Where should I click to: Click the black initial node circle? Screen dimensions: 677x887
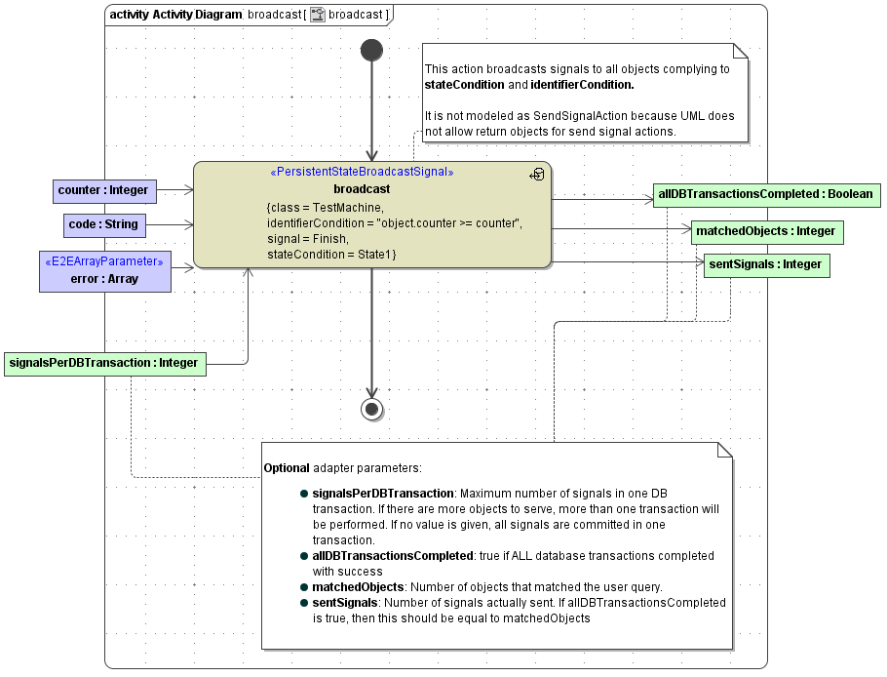371,50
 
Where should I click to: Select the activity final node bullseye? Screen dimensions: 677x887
371,409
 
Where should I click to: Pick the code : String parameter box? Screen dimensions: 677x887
103,225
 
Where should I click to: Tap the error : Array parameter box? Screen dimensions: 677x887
104,270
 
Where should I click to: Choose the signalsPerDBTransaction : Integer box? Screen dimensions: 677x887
103,363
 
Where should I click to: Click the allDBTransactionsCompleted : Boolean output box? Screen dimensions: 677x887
765,194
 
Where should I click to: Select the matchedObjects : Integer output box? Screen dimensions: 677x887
766,232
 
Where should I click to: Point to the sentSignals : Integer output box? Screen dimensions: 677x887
766,264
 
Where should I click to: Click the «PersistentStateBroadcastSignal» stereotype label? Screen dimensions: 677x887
361,173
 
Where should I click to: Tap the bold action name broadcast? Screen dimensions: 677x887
361,189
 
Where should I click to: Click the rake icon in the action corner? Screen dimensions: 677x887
537,174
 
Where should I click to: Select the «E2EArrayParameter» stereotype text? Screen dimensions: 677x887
104,261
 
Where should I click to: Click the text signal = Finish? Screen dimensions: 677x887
308,239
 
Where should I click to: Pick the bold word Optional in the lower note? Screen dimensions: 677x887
287,468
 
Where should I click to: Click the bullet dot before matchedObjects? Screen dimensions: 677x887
305,587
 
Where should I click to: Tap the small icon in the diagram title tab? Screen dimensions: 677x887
318,15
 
